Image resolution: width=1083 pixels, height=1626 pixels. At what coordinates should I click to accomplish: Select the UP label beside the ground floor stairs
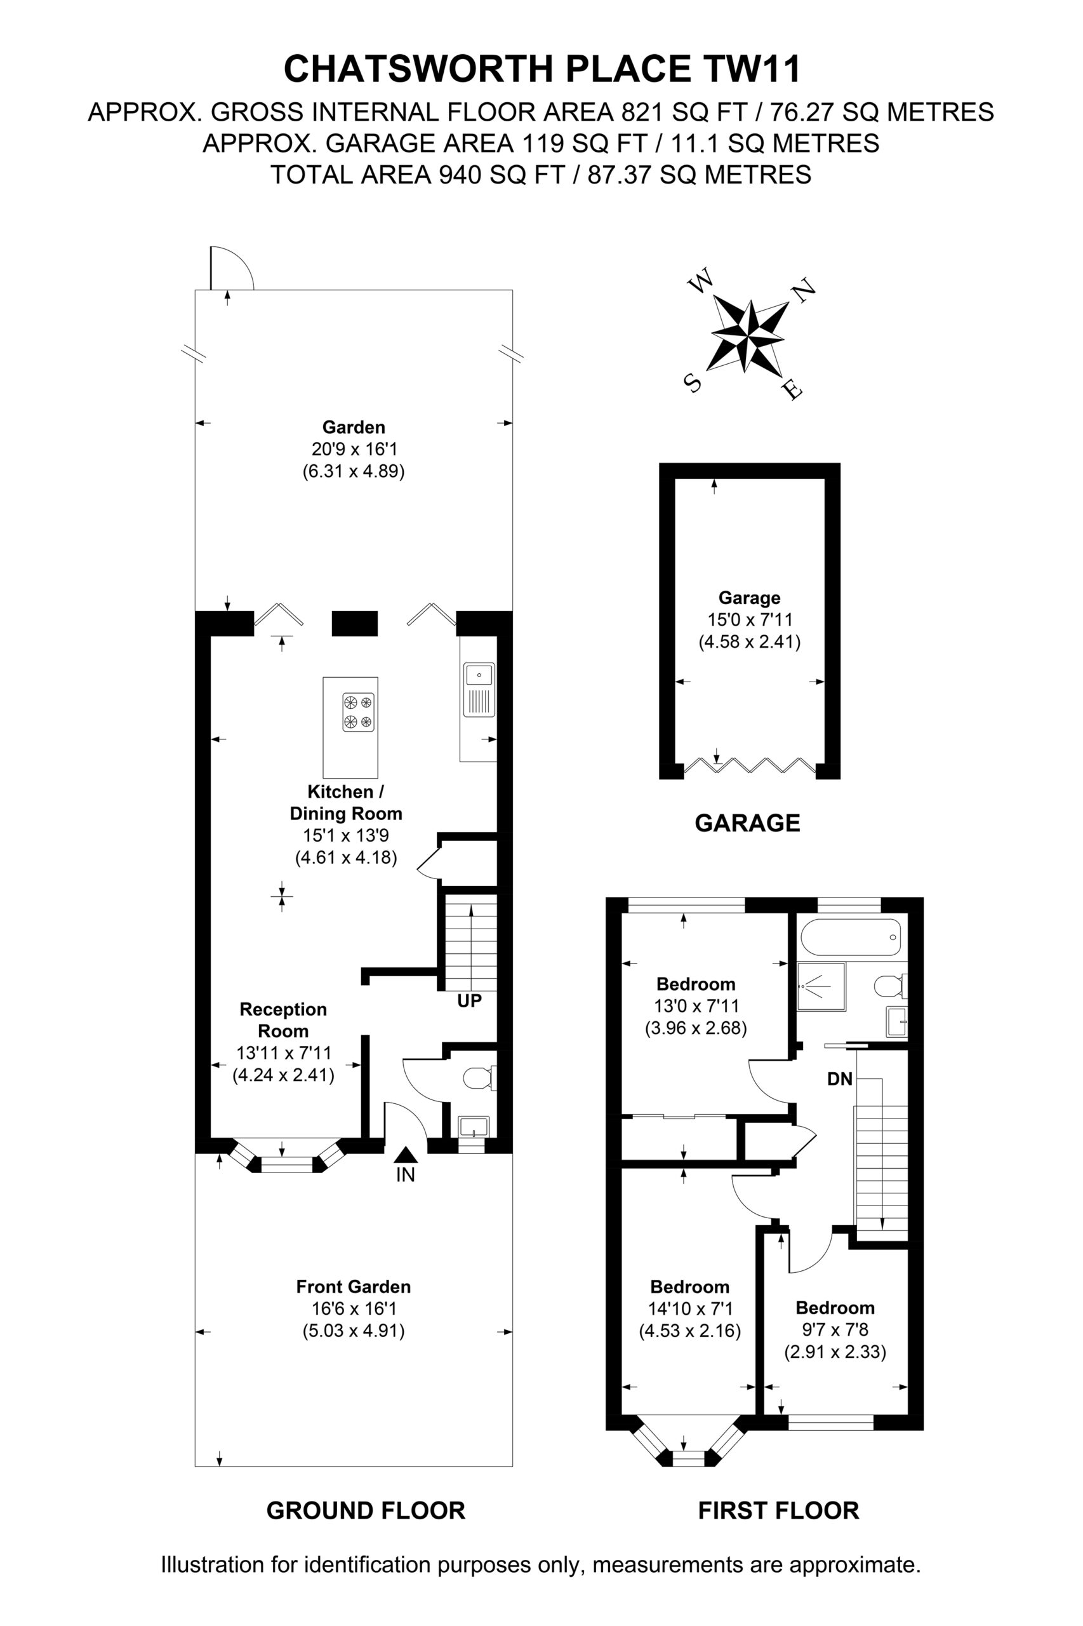tap(470, 1000)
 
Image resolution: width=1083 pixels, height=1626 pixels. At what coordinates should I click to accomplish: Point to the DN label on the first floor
tap(840, 1078)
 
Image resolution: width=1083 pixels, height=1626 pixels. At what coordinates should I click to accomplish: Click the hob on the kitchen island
tap(359, 713)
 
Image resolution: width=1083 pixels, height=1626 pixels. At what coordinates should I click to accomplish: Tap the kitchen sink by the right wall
tap(479, 690)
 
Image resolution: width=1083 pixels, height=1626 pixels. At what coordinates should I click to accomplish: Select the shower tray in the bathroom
tap(821, 986)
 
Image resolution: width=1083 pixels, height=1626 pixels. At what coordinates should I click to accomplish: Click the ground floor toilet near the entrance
tap(480, 1077)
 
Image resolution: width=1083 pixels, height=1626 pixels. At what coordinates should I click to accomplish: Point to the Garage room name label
tap(749, 598)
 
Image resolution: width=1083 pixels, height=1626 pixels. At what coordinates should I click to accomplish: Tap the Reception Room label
tap(283, 1020)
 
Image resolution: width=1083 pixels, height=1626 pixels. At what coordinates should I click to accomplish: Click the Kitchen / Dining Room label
tap(346, 802)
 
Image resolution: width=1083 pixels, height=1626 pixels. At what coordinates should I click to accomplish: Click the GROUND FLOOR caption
tap(366, 1510)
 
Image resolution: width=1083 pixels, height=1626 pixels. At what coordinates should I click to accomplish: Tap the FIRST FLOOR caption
tap(778, 1510)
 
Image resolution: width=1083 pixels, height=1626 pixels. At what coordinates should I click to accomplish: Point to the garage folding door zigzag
tap(750, 765)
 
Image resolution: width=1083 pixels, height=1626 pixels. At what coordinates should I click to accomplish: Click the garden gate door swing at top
tap(232, 267)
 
